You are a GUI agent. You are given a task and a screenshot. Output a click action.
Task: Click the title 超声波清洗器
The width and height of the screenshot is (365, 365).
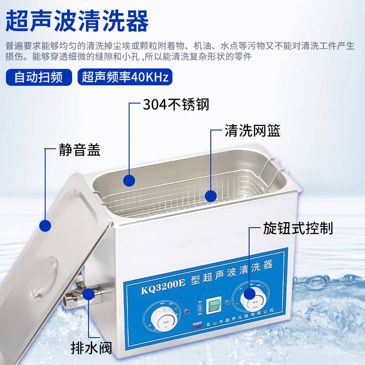[77, 21]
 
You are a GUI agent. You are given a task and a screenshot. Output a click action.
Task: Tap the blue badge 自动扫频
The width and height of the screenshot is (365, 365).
[39, 77]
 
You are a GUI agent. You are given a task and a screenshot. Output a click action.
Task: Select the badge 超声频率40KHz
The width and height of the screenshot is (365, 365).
[125, 77]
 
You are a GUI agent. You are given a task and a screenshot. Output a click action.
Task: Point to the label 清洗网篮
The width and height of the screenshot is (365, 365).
[252, 131]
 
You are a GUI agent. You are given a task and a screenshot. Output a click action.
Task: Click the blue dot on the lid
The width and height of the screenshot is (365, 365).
[45, 225]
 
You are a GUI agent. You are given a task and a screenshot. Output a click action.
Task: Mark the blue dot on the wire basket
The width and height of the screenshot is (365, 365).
[210, 196]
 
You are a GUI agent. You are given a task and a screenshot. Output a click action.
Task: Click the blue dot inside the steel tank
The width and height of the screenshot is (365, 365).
[129, 180]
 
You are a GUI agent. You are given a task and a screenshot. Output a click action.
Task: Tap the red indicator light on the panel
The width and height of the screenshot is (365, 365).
[187, 312]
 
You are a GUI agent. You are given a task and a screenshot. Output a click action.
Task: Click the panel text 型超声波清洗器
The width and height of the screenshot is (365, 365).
[231, 268]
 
